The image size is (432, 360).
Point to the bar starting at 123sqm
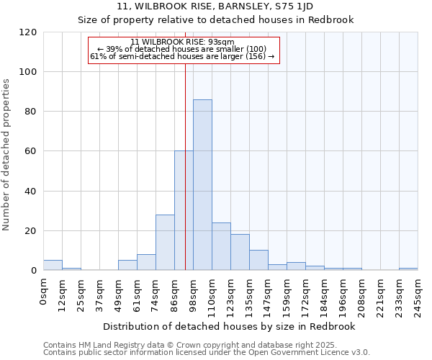pyautogui.click(x=240, y=252)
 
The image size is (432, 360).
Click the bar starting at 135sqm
pyautogui.click(x=258, y=260)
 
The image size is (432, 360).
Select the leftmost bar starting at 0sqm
pyautogui.click(x=53, y=265)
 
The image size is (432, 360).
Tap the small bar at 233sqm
pyautogui.click(x=408, y=269)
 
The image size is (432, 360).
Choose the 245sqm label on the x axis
pyautogui.click(x=418, y=294)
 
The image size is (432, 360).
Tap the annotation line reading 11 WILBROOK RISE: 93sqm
pyautogui.click(x=183, y=42)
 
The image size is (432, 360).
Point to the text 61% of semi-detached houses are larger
pyautogui.click(x=183, y=56)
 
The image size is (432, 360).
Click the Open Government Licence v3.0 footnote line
pyautogui.click(x=207, y=352)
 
